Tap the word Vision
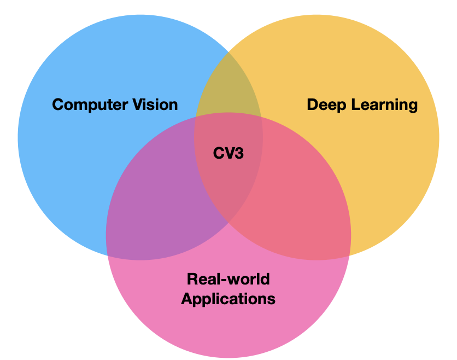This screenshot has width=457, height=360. pos(155,104)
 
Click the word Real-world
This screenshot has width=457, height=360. pos(228,280)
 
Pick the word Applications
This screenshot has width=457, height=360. pos(228,299)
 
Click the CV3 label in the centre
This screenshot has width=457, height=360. pos(228,153)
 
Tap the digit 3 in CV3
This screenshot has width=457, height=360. pos(239,153)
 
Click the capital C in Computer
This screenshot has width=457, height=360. pos(57,104)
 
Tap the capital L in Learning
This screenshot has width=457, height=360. pos(355,104)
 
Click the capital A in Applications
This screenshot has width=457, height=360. pos(186,299)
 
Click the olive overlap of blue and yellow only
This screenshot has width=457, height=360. pos(228,88)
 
